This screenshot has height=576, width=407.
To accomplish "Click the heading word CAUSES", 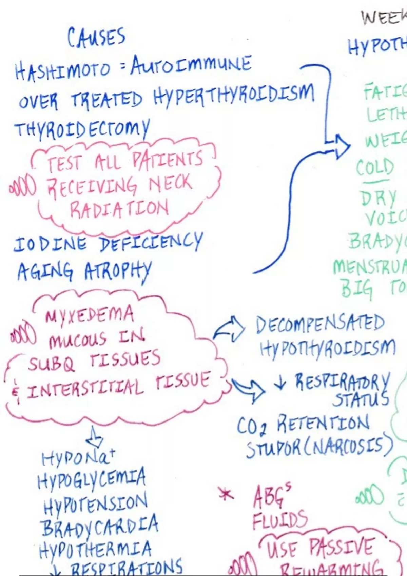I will click(96, 37).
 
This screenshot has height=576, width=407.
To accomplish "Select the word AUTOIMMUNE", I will click(191, 64).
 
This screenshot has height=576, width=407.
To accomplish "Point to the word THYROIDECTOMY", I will click(81, 128).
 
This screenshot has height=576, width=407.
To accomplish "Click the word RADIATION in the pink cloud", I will click(119, 209).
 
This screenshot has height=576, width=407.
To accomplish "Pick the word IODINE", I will click(50, 244).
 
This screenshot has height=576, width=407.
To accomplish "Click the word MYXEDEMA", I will click(89, 314).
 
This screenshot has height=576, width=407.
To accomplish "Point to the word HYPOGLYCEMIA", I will click(92, 478).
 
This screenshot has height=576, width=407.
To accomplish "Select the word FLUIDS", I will click(280, 520).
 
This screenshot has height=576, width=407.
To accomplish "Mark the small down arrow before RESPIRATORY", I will click(280, 382).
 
